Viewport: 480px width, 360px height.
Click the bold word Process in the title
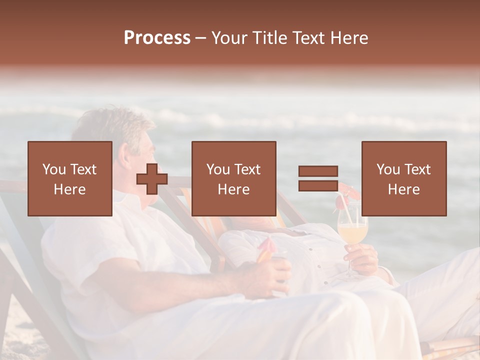(x=157, y=38)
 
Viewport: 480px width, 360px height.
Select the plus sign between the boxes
(x=152, y=179)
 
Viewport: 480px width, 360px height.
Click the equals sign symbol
(x=318, y=178)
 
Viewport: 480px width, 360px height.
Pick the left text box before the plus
(x=69, y=178)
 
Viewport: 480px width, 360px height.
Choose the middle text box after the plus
(x=233, y=178)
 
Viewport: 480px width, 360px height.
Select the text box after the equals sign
(x=403, y=178)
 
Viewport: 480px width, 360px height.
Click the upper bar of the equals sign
(x=318, y=171)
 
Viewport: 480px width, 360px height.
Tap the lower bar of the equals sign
(x=318, y=185)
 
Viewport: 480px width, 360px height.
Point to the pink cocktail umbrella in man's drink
(x=266, y=245)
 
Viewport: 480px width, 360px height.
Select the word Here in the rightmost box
(x=403, y=189)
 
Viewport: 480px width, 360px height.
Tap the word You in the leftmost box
(x=53, y=169)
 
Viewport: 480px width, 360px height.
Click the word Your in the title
(x=230, y=38)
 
